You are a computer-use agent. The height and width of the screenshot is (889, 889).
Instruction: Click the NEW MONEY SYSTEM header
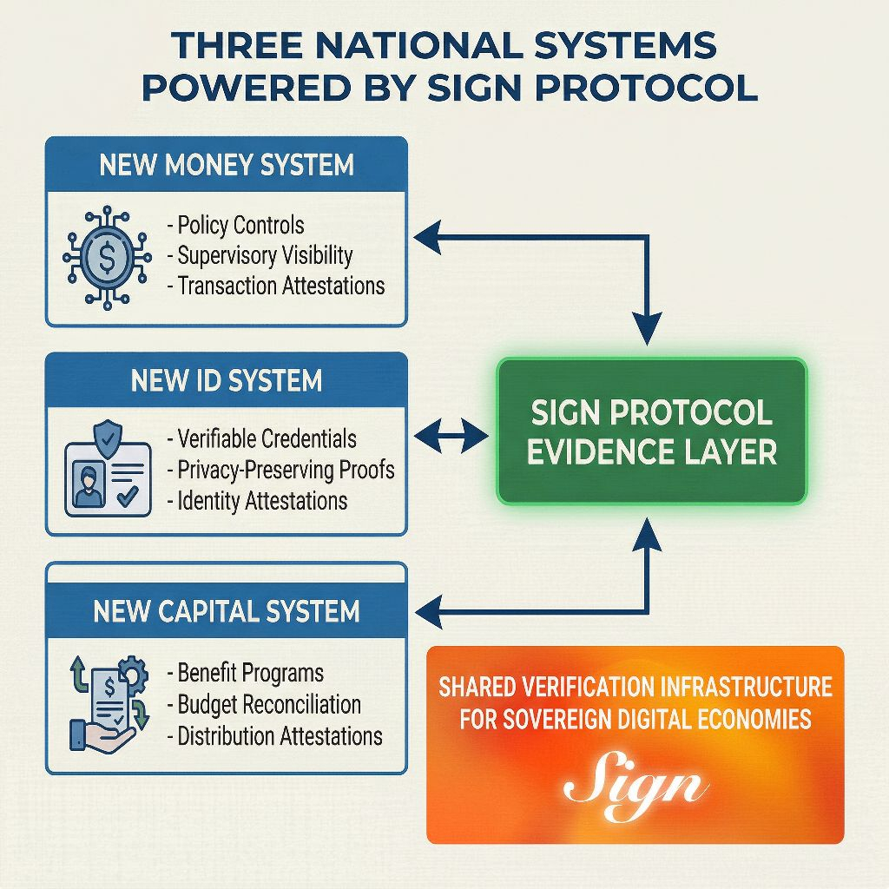(227, 164)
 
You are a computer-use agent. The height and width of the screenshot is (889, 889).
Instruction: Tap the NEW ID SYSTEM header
(227, 380)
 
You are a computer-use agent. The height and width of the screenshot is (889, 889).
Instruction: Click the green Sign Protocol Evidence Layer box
(651, 431)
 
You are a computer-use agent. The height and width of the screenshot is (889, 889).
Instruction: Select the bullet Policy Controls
(235, 226)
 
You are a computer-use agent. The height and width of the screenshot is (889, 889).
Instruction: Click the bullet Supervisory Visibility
(260, 255)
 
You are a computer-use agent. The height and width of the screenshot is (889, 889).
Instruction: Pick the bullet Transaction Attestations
(275, 285)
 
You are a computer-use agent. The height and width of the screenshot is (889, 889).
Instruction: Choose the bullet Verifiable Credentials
(261, 439)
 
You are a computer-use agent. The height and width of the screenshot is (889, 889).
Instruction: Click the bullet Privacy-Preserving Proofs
(280, 470)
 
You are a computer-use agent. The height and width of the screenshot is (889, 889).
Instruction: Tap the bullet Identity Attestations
(257, 500)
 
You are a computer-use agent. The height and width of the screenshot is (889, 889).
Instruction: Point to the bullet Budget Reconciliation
(264, 704)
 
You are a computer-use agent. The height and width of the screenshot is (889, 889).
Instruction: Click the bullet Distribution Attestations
(274, 736)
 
